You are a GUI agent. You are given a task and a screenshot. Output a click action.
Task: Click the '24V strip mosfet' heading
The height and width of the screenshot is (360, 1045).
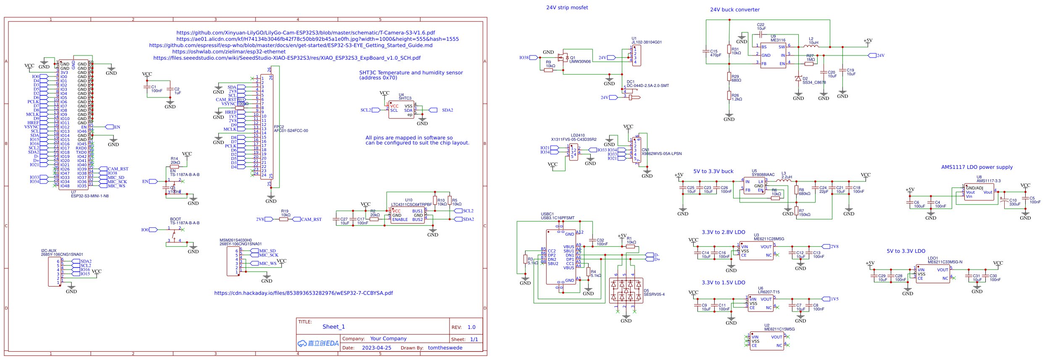[x=567, y=8]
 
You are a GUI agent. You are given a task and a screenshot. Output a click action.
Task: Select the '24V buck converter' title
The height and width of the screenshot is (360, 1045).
[x=734, y=10]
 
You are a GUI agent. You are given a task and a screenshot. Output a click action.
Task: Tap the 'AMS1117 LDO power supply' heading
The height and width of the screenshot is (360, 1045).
[x=977, y=167]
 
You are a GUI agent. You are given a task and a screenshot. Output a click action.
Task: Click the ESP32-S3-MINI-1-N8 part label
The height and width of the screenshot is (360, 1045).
[x=89, y=196]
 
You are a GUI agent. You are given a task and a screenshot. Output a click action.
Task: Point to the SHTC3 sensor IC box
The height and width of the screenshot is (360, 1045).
[x=401, y=110]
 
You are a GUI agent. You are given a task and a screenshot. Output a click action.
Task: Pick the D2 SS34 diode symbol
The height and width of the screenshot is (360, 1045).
[x=798, y=79]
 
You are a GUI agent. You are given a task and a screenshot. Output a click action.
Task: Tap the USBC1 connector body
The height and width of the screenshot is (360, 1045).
[x=561, y=257]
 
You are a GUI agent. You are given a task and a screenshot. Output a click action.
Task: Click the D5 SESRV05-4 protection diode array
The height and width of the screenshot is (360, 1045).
[x=626, y=290]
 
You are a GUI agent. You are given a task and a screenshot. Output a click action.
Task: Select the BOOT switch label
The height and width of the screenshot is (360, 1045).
[x=176, y=219]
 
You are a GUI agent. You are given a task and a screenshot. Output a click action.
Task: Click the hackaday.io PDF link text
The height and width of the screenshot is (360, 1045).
[x=303, y=293]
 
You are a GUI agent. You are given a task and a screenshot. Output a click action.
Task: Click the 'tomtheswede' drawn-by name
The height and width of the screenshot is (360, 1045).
[x=445, y=348]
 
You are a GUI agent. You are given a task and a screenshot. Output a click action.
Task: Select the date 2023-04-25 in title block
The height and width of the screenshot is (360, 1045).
[x=376, y=348]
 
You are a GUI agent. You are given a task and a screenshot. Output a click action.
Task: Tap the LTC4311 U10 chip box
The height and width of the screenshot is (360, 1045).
[x=407, y=215]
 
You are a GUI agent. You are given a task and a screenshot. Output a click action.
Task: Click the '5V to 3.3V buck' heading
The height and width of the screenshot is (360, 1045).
[x=713, y=171]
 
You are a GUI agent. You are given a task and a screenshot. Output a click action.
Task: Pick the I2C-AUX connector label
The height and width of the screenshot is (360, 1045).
[x=49, y=251]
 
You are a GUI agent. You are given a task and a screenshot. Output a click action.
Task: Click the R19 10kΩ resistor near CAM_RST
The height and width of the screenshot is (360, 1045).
[x=284, y=219]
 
